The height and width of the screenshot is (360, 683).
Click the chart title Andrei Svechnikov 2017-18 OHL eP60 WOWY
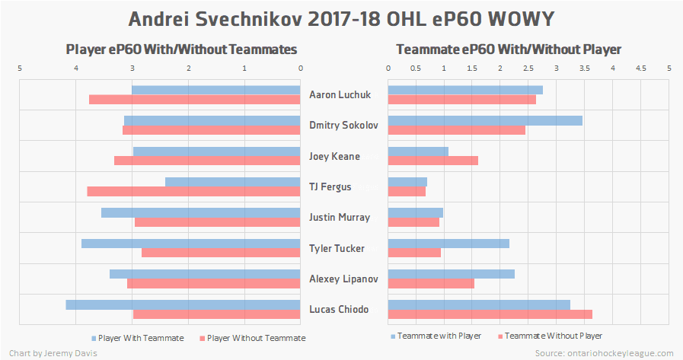tap(341, 18)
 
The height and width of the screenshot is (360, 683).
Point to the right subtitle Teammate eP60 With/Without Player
tap(509, 49)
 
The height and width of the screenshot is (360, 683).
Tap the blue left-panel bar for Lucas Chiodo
tap(183, 304)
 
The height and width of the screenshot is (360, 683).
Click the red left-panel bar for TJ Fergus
tap(193, 192)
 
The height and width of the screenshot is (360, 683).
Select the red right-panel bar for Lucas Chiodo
tap(490, 314)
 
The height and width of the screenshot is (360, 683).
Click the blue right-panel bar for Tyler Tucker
tap(448, 243)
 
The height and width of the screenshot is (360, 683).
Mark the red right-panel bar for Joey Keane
tap(432, 161)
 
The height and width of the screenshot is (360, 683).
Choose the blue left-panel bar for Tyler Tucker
tap(191, 243)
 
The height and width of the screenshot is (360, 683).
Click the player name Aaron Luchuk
tap(340, 95)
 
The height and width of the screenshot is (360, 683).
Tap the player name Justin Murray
tap(340, 218)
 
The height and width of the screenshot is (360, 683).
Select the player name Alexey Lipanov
tap(344, 279)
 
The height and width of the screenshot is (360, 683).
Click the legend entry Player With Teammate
tap(139, 338)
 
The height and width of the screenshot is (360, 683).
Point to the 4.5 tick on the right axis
tap(640, 68)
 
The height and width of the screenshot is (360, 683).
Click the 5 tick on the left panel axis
tap(20, 68)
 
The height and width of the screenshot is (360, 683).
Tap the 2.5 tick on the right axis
tap(528, 68)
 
